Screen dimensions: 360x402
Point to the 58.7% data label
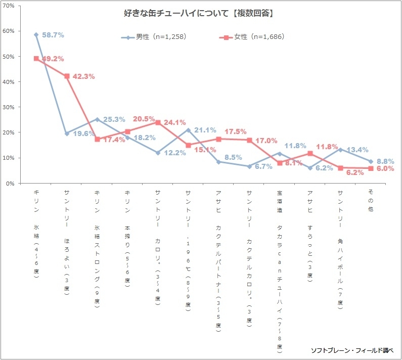53,35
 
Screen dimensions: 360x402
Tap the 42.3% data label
83,77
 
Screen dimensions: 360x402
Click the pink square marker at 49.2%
36,59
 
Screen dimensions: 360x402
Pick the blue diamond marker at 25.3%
97,119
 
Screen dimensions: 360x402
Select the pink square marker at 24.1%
158,122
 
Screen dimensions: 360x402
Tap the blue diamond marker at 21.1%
189,130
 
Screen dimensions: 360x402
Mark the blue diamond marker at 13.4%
341,150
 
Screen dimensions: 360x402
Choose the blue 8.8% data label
385,161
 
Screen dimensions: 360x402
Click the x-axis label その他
371,200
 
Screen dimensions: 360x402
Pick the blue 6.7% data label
263,167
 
